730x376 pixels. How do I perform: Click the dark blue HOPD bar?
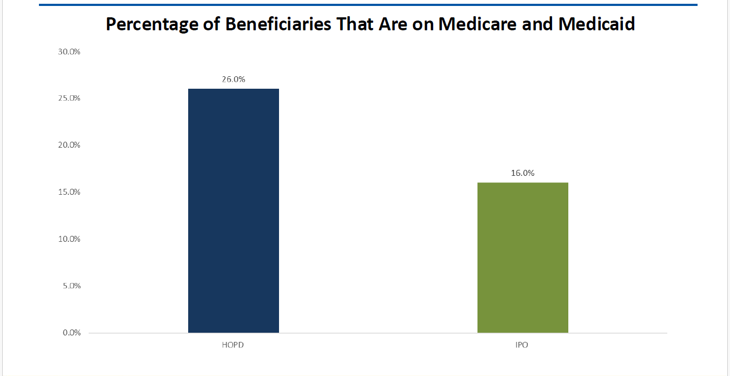[x=233, y=210]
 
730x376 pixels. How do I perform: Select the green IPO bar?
[x=522, y=258]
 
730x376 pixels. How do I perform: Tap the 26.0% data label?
[x=233, y=79]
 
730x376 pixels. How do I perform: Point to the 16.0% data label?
[x=522, y=173]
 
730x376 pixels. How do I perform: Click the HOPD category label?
[x=233, y=345]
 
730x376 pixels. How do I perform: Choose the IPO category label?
[x=522, y=345]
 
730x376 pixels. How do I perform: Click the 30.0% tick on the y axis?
[x=69, y=52]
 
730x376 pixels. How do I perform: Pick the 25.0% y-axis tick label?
[x=69, y=98]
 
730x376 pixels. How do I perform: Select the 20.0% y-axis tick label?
[x=69, y=145]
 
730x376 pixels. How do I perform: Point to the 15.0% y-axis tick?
[x=69, y=192]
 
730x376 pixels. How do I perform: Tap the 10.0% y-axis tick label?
[x=69, y=239]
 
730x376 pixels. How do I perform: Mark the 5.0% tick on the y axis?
[x=71, y=286]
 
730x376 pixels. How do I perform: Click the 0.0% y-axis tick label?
[x=71, y=333]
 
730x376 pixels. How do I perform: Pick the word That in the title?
[x=355, y=24]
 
